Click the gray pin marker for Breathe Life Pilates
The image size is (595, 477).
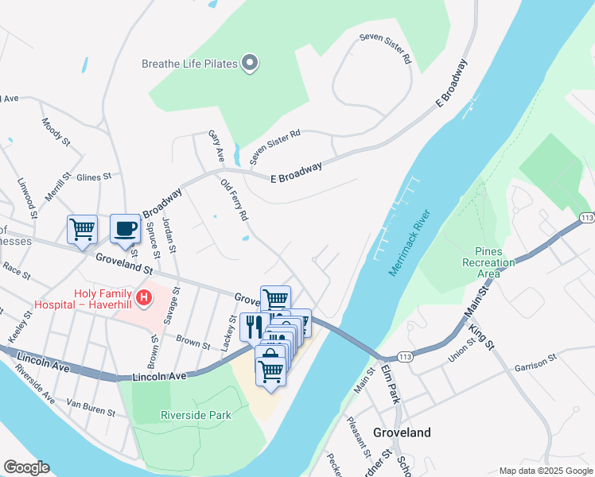250,63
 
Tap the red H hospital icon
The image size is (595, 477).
144,299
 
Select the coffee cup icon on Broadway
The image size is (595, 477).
125,229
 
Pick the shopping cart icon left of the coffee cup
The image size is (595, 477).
82,230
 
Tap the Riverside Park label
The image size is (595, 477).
195,414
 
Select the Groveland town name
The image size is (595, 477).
402,432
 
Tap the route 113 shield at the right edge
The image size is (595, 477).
587,217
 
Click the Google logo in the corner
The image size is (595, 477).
26,467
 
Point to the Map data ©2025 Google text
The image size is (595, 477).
545,471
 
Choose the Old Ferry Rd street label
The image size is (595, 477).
235,200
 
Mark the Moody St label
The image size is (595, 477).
56,130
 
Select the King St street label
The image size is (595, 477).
482,336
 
